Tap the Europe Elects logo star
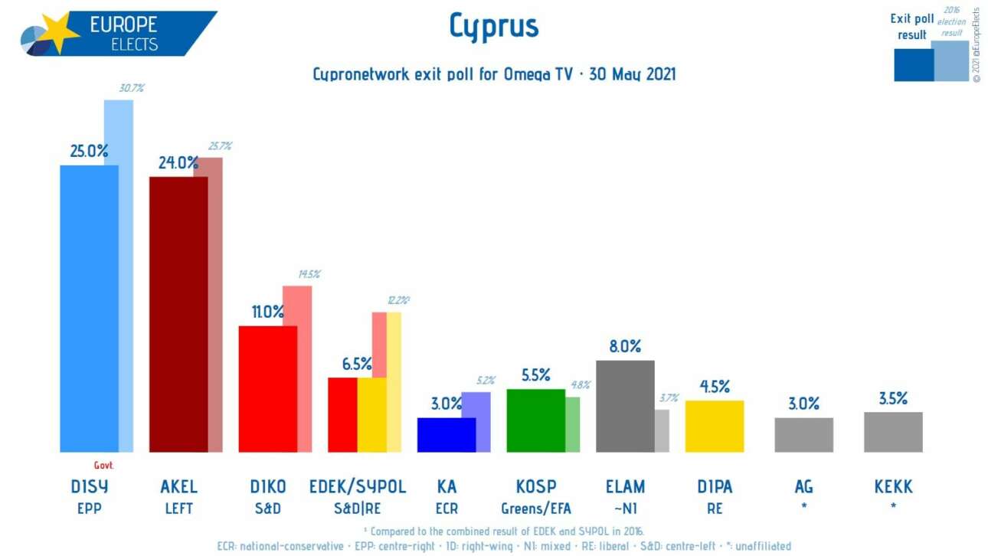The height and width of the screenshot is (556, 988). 57,32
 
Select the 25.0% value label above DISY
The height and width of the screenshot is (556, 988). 90,152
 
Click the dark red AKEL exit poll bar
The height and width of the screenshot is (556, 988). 178,314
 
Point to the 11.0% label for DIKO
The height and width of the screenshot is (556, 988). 268,312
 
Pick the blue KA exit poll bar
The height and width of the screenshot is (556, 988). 446,434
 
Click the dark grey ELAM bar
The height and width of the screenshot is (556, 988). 624,406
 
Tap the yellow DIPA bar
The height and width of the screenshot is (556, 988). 714,426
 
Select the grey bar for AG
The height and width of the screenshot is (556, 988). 803,434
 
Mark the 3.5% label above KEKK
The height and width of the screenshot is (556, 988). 893,399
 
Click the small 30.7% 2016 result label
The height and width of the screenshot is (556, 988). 132,89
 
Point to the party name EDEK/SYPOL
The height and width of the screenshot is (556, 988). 357,487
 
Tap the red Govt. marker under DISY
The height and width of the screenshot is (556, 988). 103,465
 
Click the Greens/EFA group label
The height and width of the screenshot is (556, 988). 535,508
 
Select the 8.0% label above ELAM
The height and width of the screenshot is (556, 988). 625,346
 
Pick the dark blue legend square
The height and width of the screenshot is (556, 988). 914,64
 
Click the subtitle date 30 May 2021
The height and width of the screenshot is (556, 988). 633,74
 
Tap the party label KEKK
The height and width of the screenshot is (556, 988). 893,487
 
